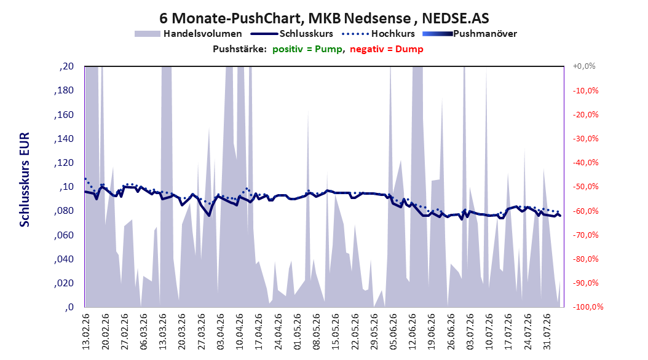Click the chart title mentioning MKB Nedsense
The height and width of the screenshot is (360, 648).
click(x=324, y=18)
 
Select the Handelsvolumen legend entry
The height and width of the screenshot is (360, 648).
click(x=188, y=34)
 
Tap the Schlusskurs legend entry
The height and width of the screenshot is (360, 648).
click(x=292, y=34)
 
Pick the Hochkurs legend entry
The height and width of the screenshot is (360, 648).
click(x=378, y=34)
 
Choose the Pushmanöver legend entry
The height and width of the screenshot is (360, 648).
click(x=470, y=34)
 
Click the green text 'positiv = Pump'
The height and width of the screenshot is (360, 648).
click(x=307, y=49)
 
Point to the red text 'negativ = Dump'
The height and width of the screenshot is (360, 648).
click(x=387, y=49)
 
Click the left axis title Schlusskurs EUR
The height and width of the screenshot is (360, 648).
click(x=25, y=179)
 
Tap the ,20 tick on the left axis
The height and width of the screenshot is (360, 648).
click(x=66, y=66)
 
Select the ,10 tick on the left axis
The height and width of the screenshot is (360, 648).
click(x=66, y=187)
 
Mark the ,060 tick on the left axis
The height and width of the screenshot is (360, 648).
click(x=64, y=235)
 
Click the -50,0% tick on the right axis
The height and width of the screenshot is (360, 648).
click(x=585, y=187)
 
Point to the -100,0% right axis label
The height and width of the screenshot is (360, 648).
click(x=588, y=307)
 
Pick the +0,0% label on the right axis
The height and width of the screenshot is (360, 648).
click(x=584, y=66)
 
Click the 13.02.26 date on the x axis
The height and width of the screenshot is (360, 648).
click(x=85, y=332)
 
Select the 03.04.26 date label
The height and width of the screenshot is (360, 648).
click(x=220, y=332)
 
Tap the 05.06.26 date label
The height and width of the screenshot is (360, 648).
click(x=393, y=332)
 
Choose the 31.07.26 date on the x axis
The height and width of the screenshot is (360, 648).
click(x=547, y=332)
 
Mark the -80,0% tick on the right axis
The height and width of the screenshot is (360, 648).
click(x=585, y=259)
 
